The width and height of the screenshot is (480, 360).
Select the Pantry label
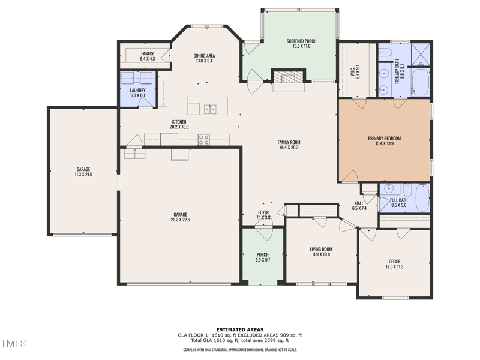(x=147, y=53)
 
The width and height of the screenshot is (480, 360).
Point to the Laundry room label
(x=138, y=91)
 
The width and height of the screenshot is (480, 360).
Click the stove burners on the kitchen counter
(x=204, y=139)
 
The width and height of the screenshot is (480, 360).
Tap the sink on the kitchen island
(x=210, y=109)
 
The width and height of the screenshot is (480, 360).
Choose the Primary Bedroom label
(x=384, y=139)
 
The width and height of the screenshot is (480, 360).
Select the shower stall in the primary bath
(x=422, y=55)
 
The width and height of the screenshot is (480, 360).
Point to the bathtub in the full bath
(x=422, y=198)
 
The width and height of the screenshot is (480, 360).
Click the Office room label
(x=394, y=262)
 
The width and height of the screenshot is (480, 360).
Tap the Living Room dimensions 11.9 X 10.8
(x=320, y=254)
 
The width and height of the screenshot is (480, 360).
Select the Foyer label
(x=263, y=212)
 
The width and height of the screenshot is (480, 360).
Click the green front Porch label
(x=263, y=254)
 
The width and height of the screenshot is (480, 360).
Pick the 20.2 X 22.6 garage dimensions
(x=180, y=220)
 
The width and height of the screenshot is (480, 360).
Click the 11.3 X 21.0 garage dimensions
(x=83, y=174)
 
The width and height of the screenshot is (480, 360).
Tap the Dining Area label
(x=204, y=55)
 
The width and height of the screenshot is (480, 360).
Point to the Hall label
(x=359, y=203)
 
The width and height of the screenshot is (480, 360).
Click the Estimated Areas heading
(x=239, y=329)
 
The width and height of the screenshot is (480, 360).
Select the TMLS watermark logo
(x=13, y=344)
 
